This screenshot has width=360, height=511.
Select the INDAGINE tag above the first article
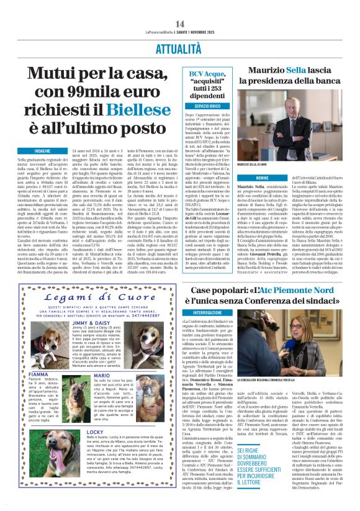[43, 151]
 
